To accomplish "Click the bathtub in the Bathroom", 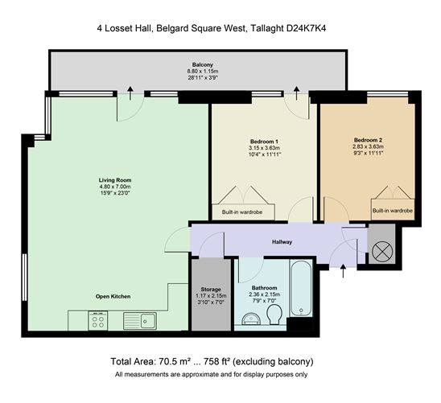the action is pos(301,289).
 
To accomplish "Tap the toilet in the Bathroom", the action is pos(274,315).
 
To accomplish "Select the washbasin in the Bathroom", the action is pos(252,318).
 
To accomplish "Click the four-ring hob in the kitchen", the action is pos(97,321).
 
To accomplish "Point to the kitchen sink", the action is pos(140,321).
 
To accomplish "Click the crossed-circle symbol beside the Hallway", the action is pos(382,252).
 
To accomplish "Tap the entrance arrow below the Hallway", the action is pos(343,271).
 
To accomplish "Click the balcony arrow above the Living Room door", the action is pos(130,93).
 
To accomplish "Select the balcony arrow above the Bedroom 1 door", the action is pos(296,93).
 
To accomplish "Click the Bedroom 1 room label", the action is pos(264,142).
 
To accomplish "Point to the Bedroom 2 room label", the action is pos(368,140).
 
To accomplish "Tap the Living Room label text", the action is pos(115,180).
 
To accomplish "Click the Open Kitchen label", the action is pos(113,297).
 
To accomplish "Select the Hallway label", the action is pos(282,242).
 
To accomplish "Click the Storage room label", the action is pos(211,290).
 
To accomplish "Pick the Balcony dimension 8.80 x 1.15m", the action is pos(203,72).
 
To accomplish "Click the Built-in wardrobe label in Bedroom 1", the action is pos(242,212).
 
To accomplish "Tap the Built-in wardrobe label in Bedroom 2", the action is pos(393,211).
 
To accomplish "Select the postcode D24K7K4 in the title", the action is pos(307,28).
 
